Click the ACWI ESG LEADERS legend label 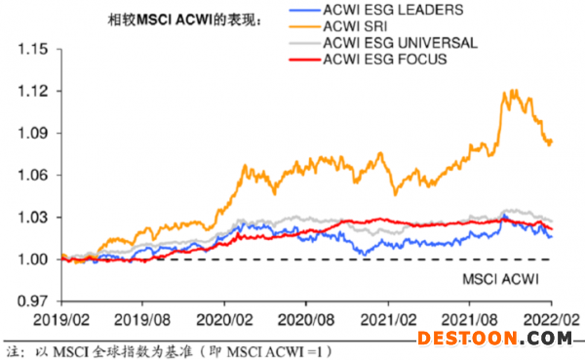click(393, 10)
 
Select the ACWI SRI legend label click(355, 26)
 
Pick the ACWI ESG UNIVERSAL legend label click(400, 43)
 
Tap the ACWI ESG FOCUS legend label click(385, 60)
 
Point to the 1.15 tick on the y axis click(33, 49)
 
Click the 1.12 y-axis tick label click(33, 91)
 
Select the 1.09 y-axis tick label click(33, 133)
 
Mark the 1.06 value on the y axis click(33, 175)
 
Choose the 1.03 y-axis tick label click(33, 217)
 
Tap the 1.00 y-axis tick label click(33, 260)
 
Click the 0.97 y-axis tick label click(33, 301)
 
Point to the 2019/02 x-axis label click(61, 320)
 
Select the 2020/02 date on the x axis click(224, 320)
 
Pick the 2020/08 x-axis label click(306, 320)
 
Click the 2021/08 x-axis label click(470, 320)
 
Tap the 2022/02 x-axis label click(552, 320)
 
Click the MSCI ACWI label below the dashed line click(501, 279)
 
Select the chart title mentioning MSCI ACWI click(184, 20)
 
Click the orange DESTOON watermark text click(467, 339)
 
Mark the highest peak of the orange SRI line click(516, 90)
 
